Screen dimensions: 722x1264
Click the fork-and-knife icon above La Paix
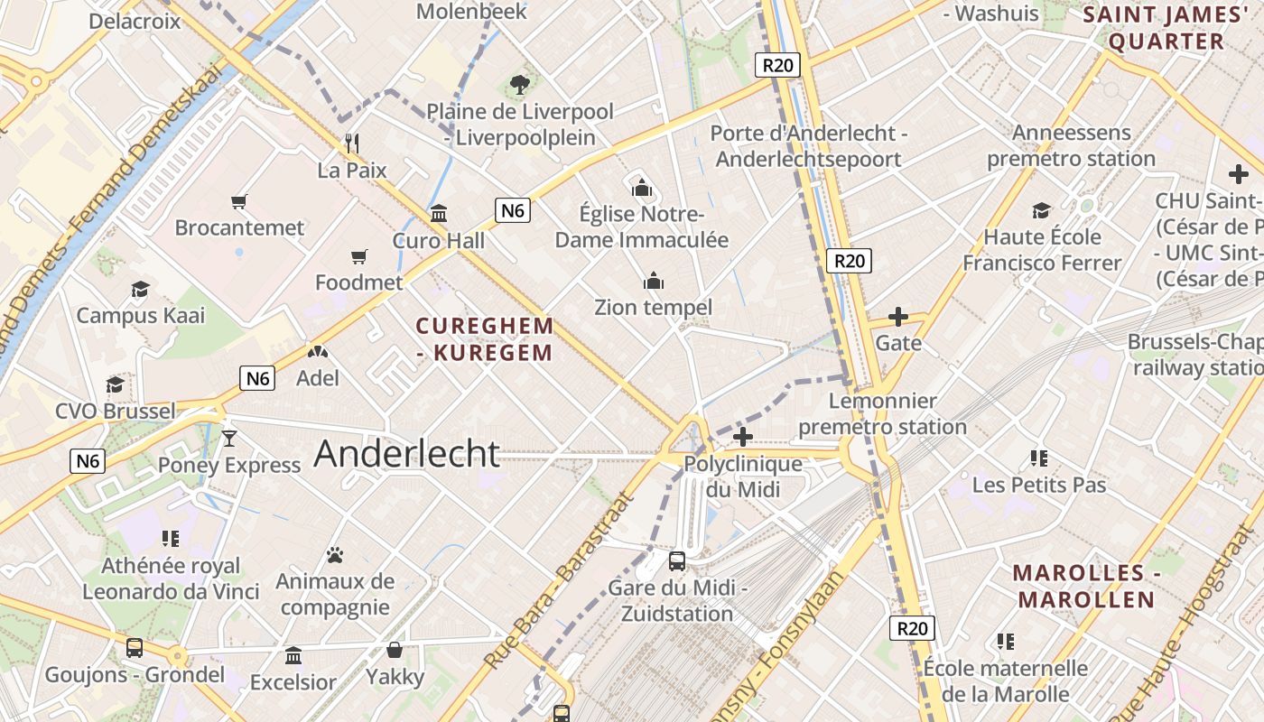[x=353, y=143]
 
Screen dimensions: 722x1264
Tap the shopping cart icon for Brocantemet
[x=239, y=201]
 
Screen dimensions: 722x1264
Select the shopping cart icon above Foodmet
[x=359, y=257]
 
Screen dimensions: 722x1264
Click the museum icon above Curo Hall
[x=439, y=214]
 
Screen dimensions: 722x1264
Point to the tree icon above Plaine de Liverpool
[x=519, y=85]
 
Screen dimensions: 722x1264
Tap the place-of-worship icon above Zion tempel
[x=654, y=281]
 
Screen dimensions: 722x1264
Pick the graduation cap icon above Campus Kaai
[x=140, y=289]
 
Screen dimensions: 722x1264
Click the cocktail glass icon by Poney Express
[x=229, y=439]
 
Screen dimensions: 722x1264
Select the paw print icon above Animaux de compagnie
[x=335, y=554]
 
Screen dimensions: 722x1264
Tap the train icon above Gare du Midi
[x=677, y=561]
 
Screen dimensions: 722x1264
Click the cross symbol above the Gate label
[x=898, y=317]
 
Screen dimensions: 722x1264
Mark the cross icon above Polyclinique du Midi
[x=742, y=438]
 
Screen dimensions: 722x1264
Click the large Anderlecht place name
[x=406, y=453]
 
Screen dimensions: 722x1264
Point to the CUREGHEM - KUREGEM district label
[x=485, y=338]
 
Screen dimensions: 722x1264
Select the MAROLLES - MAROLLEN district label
[x=1083, y=586]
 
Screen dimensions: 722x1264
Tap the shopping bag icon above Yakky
[x=395, y=650]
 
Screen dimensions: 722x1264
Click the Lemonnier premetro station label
[x=882, y=413]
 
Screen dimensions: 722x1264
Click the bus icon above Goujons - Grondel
[x=135, y=647]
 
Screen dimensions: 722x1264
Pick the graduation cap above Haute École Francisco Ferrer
[x=1042, y=210]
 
